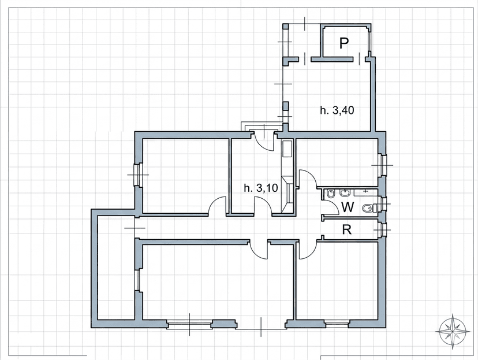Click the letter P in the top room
click(344, 43)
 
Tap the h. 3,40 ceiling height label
click(337, 110)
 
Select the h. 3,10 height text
click(261, 188)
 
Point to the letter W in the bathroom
click(348, 207)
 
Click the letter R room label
click(347, 229)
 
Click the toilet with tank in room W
click(370, 208)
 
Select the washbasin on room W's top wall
click(345, 193)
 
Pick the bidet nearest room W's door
click(330, 194)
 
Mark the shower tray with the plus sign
click(366, 192)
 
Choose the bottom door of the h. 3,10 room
click(263, 206)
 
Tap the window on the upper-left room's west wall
click(138, 175)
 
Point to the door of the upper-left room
click(218, 206)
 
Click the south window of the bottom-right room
click(337, 324)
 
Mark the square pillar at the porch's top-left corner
click(285, 27)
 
